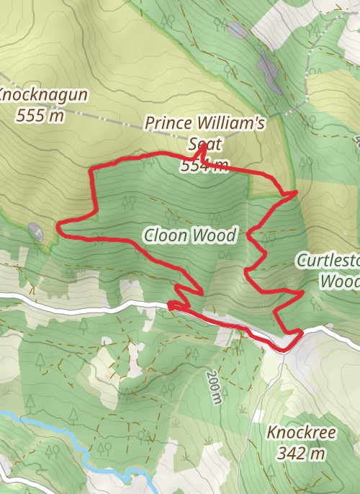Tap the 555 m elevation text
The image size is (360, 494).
(39, 114)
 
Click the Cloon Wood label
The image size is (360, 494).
(189, 235)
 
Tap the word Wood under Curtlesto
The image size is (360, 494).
(339, 281)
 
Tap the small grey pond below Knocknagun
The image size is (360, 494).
(35, 232)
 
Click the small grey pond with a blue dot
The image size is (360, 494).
(235, 30)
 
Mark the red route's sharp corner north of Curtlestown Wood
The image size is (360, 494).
(296, 192)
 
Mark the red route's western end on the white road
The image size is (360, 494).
(170, 305)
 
